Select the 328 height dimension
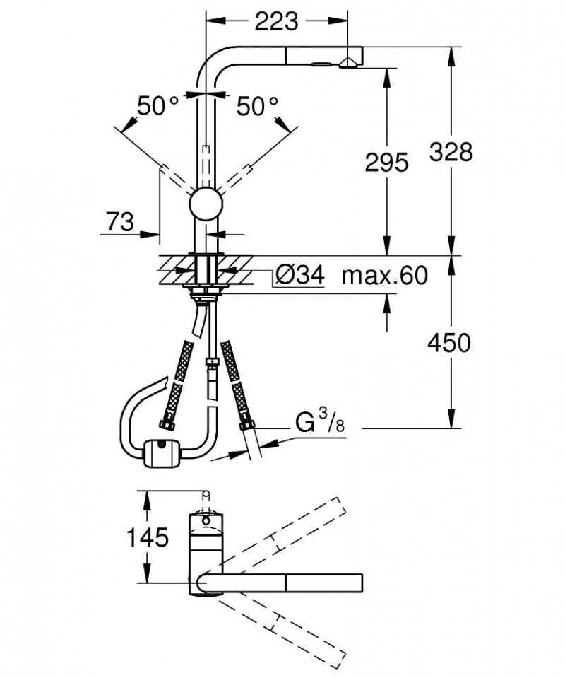coord(450,151)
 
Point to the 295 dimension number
coord(386,163)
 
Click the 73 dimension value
coord(119,223)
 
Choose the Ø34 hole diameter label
coord(299,275)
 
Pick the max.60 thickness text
coord(385,275)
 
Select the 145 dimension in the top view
coord(148,538)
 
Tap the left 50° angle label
coord(158,107)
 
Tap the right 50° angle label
coord(257,107)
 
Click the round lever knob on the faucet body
coord(206,204)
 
